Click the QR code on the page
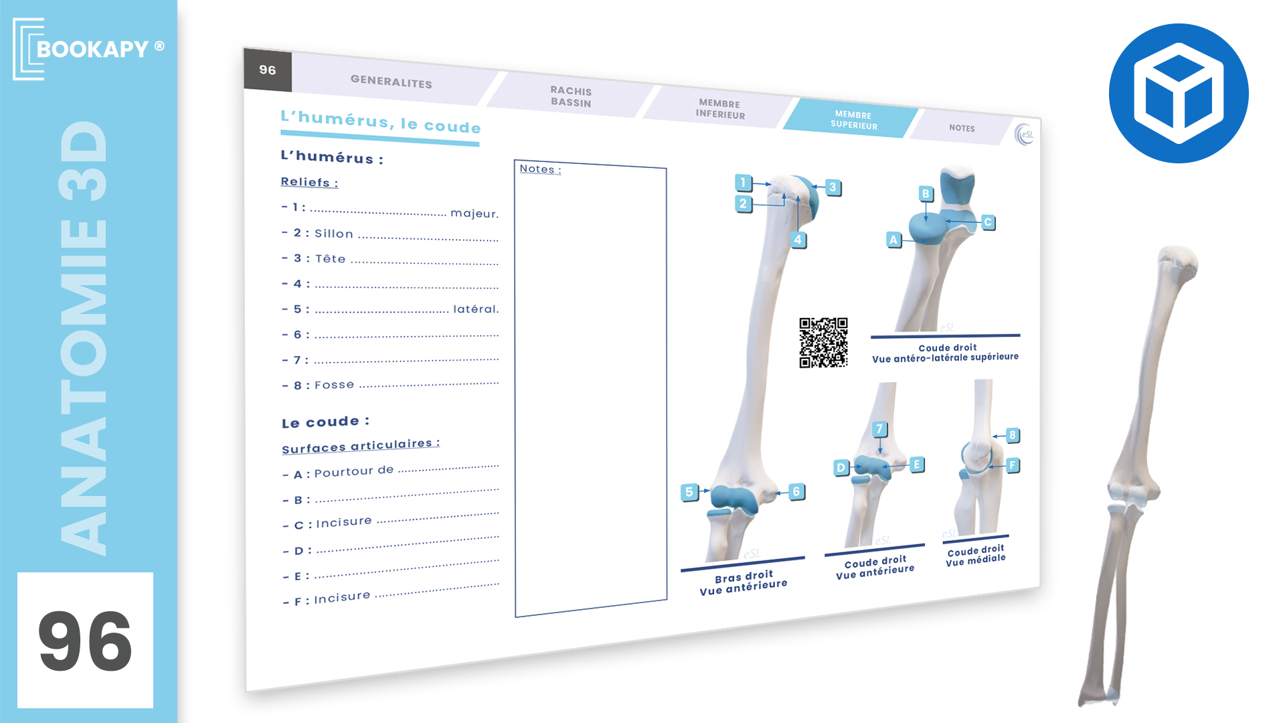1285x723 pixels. pos(823,342)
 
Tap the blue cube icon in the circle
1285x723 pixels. pos(1179,94)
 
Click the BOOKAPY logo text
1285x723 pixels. pos(92,49)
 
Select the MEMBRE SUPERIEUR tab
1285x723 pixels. pos(853,120)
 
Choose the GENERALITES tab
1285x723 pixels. pos(392,82)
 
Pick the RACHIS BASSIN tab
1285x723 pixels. pos(571,96)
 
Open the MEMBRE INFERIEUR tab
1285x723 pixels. pos(720,109)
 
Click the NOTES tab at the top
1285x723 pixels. pos(962,128)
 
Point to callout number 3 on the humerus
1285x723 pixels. pos(833,187)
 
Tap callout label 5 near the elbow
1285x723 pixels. pos(689,492)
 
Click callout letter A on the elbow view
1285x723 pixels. pos(893,240)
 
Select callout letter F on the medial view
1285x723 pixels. pos(1013,465)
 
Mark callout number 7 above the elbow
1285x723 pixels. pos(880,429)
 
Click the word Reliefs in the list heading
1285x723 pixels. pos(306,182)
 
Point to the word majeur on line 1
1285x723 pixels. pos(475,214)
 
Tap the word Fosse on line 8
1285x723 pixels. pos(335,385)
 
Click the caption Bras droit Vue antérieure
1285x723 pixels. pos(744,582)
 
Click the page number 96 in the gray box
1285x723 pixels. pos(268,70)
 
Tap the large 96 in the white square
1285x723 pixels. pos(85,641)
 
